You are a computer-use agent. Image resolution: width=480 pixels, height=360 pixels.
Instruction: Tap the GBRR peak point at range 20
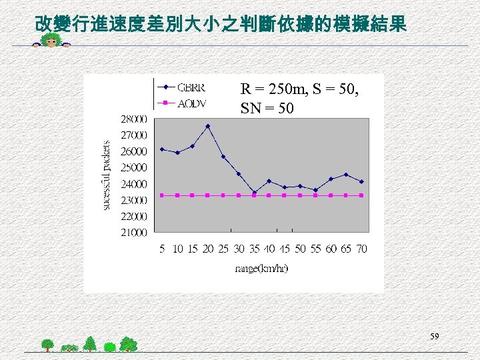click(208, 126)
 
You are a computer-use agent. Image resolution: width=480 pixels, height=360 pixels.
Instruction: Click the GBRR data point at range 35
click(254, 193)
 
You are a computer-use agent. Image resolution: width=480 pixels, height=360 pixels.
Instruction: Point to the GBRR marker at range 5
click(162, 149)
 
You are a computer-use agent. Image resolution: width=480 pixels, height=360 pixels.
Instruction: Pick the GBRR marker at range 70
click(361, 181)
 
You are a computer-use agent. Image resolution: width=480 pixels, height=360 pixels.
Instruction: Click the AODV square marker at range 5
click(162, 195)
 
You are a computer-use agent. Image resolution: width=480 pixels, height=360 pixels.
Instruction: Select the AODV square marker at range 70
click(361, 195)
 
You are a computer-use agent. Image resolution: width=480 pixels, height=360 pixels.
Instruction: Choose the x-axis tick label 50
click(300, 249)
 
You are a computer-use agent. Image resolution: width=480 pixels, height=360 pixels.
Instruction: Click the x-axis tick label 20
click(208, 249)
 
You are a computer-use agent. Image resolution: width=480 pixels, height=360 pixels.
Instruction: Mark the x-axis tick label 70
click(361, 249)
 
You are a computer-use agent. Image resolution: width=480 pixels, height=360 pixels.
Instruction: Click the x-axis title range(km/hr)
click(261, 269)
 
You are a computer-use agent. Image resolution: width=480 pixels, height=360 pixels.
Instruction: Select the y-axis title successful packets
click(106, 175)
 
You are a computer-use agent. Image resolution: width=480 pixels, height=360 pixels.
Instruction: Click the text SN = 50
click(267, 107)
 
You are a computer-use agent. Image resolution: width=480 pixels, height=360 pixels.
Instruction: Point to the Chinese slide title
click(220, 25)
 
